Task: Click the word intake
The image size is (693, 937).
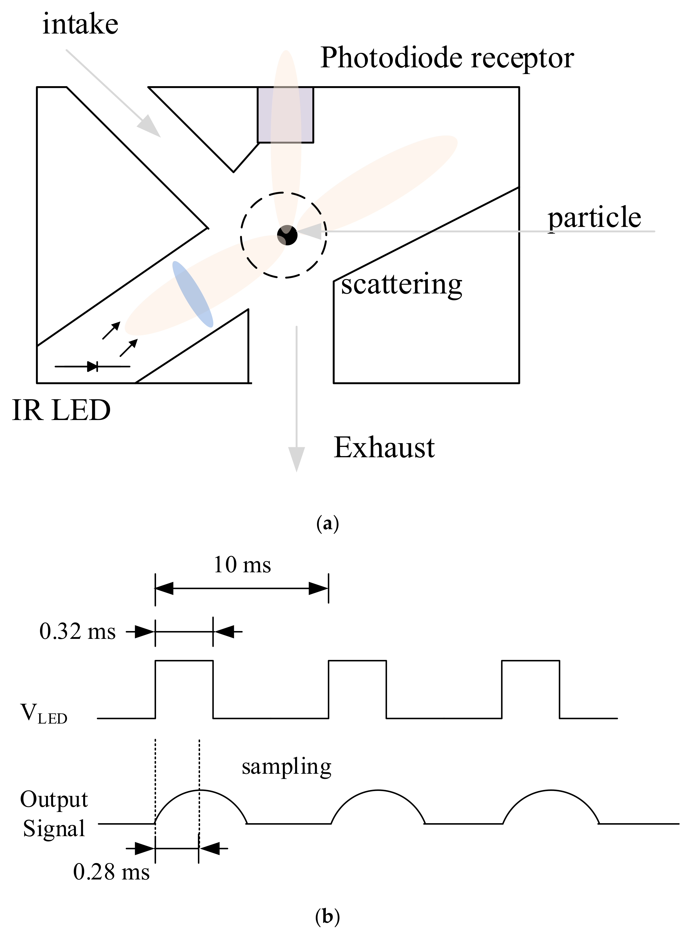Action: point(80,24)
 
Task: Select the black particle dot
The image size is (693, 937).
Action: point(287,235)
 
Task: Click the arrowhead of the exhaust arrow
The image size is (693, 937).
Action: point(296,460)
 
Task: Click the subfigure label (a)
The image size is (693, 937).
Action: point(327,524)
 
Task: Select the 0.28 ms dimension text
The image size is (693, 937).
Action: point(111,872)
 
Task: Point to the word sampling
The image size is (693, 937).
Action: point(286,767)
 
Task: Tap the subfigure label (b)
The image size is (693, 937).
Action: point(327,917)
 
